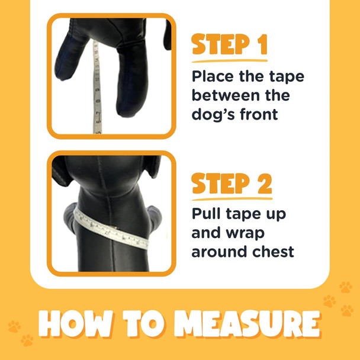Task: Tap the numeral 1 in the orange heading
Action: click(x=259, y=45)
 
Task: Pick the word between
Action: click(x=224, y=95)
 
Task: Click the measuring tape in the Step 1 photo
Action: click(x=95, y=89)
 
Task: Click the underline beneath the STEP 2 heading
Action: click(x=231, y=198)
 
